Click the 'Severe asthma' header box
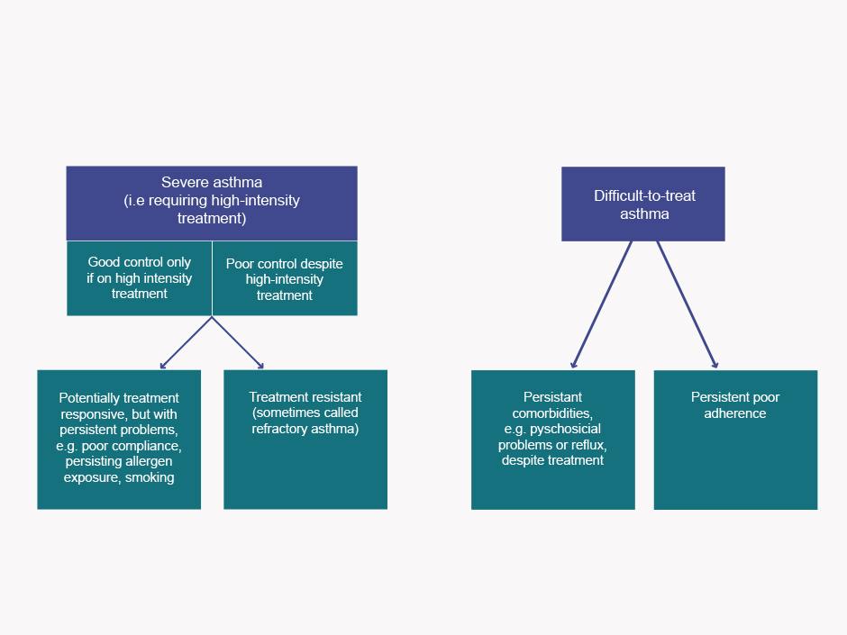[x=212, y=203]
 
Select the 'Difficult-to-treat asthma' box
[x=643, y=204]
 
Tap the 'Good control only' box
[x=140, y=278]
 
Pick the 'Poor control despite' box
[x=285, y=278]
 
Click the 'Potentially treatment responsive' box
[x=119, y=440]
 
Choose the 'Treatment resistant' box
[x=305, y=440]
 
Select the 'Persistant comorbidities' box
[x=553, y=440]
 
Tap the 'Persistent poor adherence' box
[x=736, y=440]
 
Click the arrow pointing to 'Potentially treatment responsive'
[x=186, y=343]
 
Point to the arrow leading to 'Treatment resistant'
[x=238, y=343]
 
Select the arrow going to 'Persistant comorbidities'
[x=601, y=304]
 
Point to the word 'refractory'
[x=278, y=429]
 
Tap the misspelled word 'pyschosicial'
[x=565, y=429]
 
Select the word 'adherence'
[x=735, y=413]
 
